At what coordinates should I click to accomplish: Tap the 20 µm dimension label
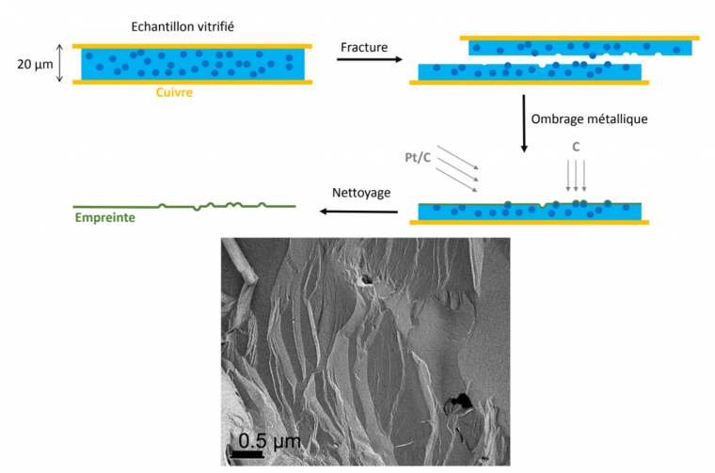(35, 64)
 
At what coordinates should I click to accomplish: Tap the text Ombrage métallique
(590, 119)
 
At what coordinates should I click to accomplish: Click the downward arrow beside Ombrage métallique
(524, 122)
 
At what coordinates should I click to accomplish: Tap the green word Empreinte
(103, 219)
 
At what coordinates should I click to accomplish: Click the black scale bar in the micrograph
(246, 454)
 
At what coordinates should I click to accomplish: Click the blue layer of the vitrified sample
(192, 64)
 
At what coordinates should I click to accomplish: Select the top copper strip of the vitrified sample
(192, 46)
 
